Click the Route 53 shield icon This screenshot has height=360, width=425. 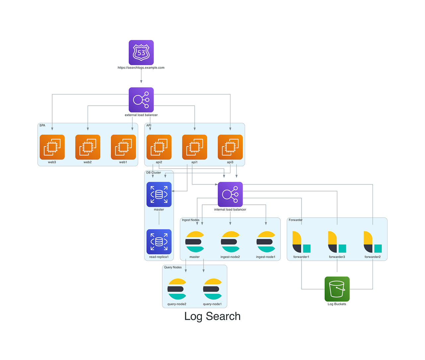tap(141, 53)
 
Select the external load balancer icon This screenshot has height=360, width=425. tap(141, 100)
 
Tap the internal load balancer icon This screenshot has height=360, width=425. tap(230, 194)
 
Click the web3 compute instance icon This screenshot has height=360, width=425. tap(52, 147)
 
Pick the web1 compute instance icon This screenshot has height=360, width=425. tap(123, 147)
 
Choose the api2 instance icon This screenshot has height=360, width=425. tap(159, 147)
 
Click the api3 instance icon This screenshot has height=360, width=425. tap(230, 147)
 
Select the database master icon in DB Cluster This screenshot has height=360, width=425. tap(159, 194)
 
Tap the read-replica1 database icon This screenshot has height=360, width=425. tap(159, 242)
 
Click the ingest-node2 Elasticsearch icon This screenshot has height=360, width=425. tap(230, 242)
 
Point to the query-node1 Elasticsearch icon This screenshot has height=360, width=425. tap(212, 289)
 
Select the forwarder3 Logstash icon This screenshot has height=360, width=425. tap(337, 242)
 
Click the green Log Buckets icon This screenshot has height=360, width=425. tap(337, 289)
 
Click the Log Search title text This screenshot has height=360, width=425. tap(212, 316)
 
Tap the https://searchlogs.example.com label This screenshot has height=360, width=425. tap(141, 67)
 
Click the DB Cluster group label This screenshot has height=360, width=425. tap(154, 173)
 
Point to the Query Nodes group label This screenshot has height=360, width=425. tap(173, 267)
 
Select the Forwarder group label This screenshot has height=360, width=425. tap(296, 220)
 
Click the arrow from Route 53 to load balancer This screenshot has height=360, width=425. tap(141, 76)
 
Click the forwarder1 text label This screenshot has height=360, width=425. tap(301, 257)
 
